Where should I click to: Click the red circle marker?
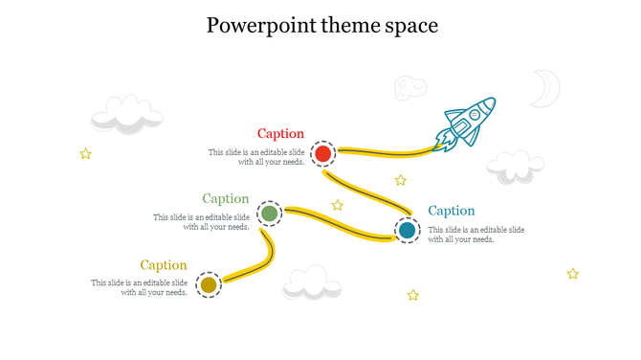tap(323, 153)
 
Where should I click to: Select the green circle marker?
tap(270, 214)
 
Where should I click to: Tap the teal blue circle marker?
tap(408, 230)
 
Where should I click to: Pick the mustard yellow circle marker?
tap(209, 284)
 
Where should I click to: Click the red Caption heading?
tap(280, 134)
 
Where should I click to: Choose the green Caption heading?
tap(226, 199)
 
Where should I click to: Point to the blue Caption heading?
tap(452, 211)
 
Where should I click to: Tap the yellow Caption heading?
tap(164, 265)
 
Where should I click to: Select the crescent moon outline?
tap(545, 88)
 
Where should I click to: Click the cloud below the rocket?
tap(515, 167)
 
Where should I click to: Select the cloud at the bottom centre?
tap(312, 282)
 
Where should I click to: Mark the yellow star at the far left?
tap(85, 153)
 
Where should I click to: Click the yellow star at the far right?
tap(572, 274)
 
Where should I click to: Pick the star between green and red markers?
tap(338, 205)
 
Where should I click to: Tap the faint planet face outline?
tap(410, 88)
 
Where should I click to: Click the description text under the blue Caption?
tap(475, 235)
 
